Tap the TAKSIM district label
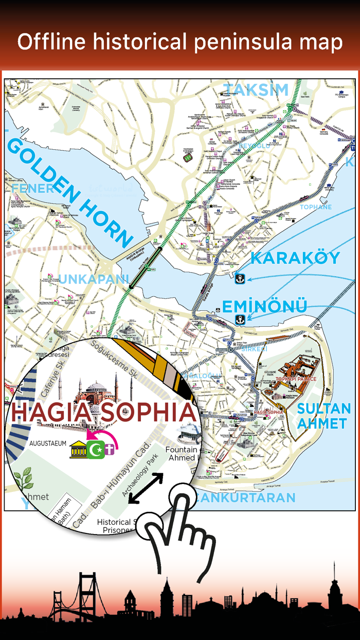256,90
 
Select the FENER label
33,189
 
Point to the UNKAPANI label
94,279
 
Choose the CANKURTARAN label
246,497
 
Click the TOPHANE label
316,207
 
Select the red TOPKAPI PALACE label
296,379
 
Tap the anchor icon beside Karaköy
239,278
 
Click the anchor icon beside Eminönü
239,319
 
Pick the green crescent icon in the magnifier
96,450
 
